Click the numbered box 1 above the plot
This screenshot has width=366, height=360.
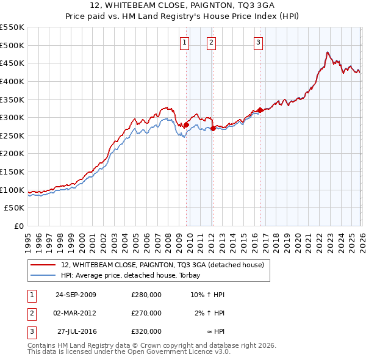pos(184,42)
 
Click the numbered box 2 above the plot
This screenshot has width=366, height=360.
pos(210,42)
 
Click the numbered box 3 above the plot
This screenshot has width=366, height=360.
pos(258,42)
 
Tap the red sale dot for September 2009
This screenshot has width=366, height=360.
pos(186,124)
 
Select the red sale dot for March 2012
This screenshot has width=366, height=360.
pos(212,128)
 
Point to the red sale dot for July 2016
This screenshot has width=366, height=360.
pos(260,110)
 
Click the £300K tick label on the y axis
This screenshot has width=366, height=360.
pos(12,117)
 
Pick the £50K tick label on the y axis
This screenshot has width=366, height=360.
pos(15,207)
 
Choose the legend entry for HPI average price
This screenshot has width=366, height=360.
pos(135,275)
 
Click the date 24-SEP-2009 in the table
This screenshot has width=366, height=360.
pos(76,295)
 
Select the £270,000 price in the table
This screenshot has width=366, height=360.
pos(146,313)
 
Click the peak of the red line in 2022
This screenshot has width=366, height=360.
pos(328,52)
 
